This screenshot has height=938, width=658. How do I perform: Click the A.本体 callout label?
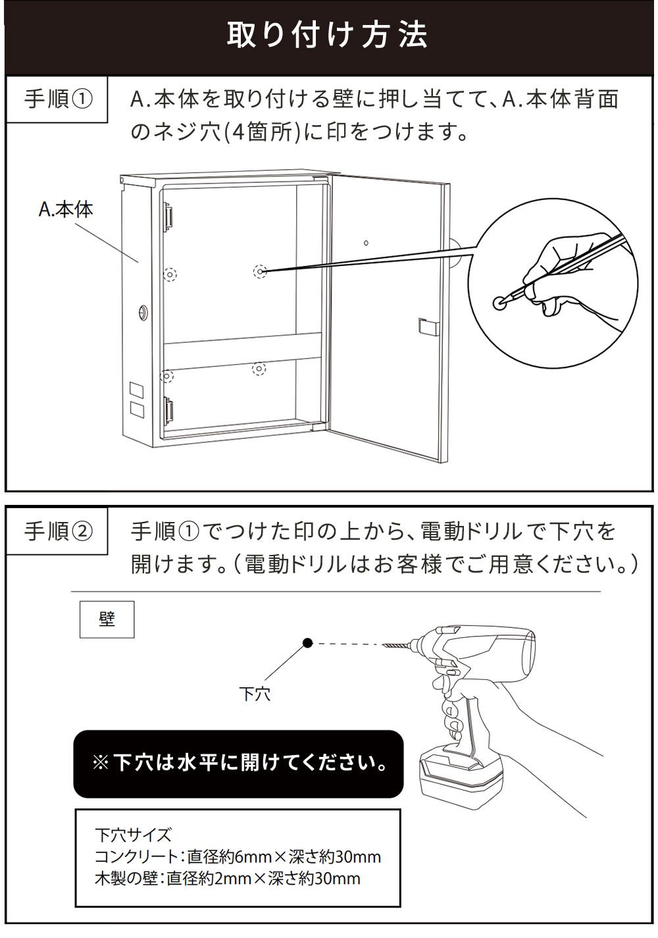coord(65,209)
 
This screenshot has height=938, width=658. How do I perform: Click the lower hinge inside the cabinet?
coord(168,411)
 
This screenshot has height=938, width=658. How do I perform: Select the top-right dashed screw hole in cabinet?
coord(261,271)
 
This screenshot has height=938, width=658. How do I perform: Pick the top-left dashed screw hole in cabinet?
coord(169,273)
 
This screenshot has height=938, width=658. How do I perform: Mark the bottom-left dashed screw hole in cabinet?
coord(168,376)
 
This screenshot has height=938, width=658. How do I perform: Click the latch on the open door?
coord(424,327)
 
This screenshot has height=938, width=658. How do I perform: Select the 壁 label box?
coord(107,619)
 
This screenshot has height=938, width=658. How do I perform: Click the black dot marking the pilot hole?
coord(307,644)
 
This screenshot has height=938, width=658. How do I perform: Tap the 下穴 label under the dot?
coord(254,693)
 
